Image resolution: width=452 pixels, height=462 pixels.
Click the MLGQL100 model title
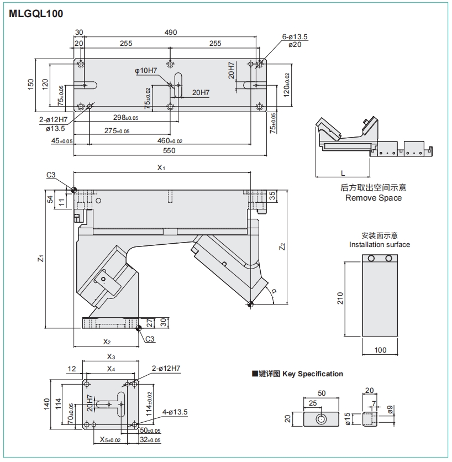[36, 14]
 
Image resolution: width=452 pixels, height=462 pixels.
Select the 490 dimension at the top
[171, 33]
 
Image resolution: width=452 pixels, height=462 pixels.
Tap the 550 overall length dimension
[169, 150]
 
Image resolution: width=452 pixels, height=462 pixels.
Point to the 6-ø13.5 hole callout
[295, 37]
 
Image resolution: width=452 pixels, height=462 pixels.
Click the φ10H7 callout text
[146, 71]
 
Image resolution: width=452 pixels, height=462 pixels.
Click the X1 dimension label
[161, 167]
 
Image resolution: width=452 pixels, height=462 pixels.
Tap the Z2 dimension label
[282, 246]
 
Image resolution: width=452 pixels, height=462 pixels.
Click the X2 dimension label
[107, 340]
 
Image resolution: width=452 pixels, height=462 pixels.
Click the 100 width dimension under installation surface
[380, 350]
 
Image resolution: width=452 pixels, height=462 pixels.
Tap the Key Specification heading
[313, 374]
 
